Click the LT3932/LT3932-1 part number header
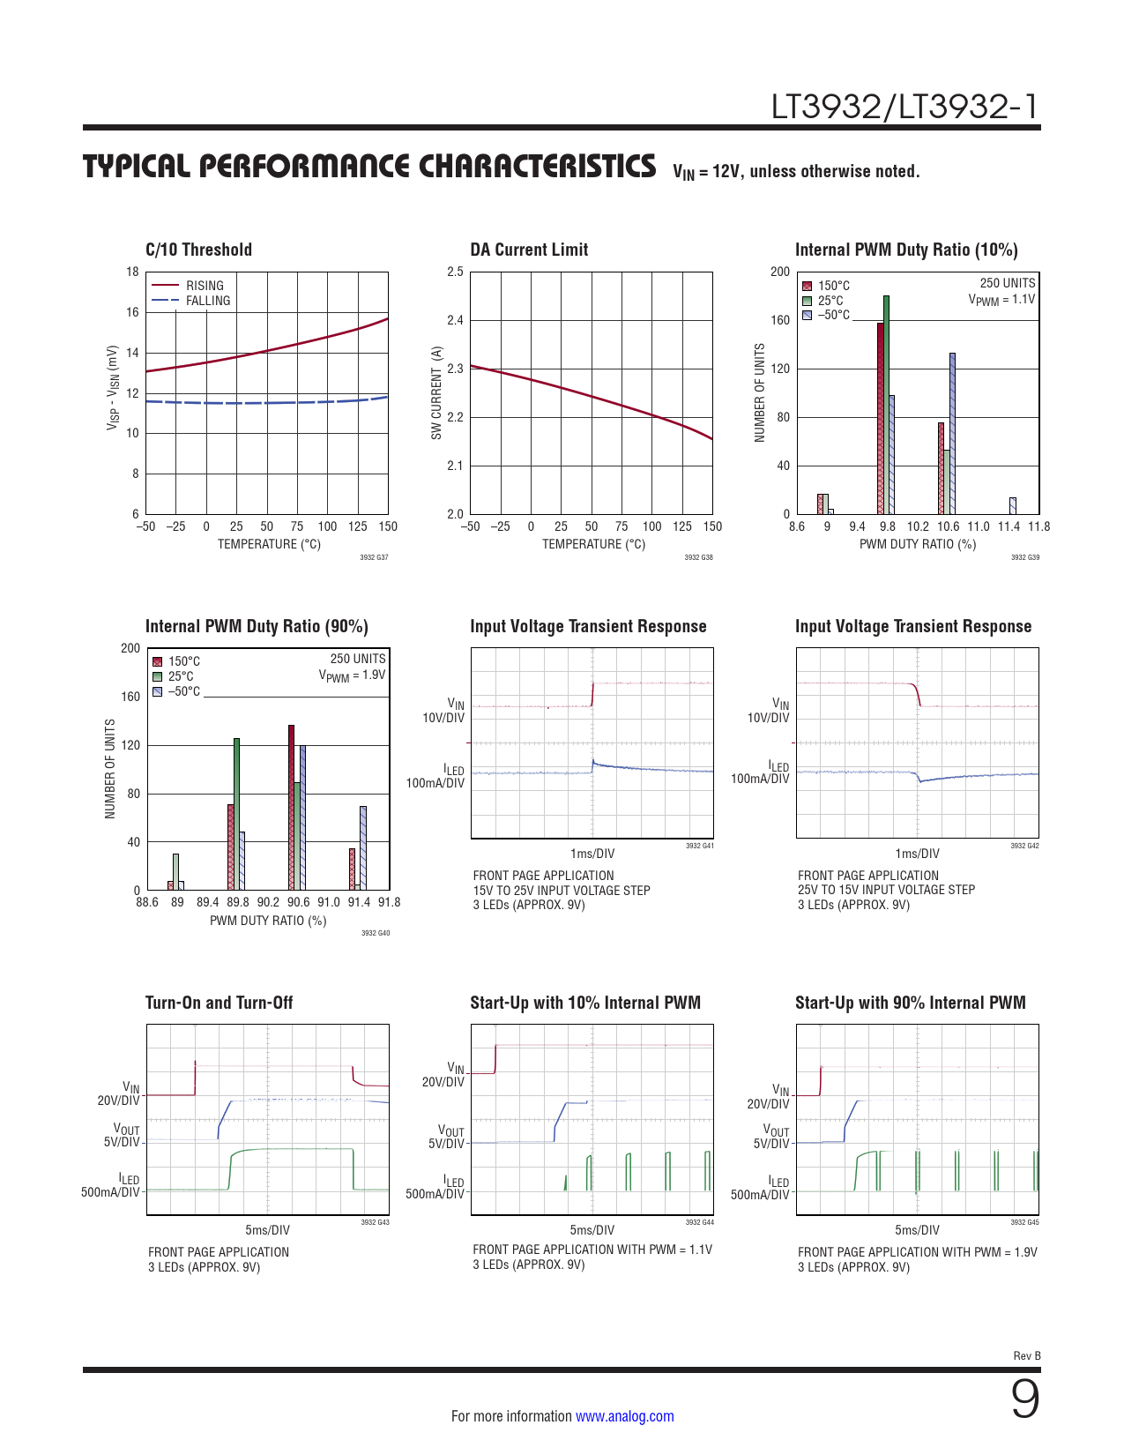904,107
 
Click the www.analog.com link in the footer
624,1416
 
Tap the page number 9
1024,1399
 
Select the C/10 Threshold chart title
198,250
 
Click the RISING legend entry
205,286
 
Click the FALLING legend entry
208,301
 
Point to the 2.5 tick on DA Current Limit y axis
455,272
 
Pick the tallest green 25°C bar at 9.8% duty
886,406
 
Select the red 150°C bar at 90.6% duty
291,807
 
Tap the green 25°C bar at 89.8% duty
236,814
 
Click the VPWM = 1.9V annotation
352,675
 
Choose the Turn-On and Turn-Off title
219,1003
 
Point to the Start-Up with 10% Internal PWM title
585,1003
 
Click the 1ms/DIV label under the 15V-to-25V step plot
592,854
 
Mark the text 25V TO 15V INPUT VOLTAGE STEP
886,890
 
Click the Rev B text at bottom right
1026,1356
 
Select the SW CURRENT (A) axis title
436,393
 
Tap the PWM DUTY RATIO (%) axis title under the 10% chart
918,544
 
